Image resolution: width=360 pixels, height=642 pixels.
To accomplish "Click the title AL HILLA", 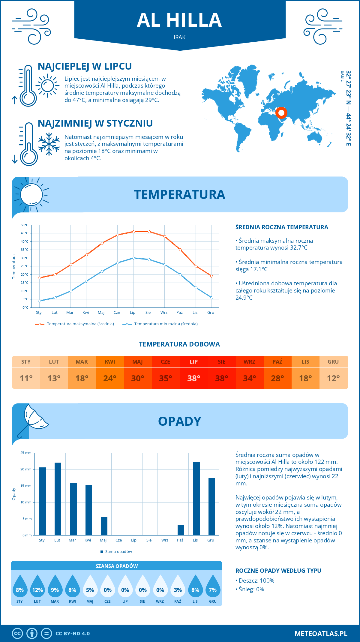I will click(x=179, y=20).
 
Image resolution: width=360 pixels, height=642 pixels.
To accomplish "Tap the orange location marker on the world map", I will click(x=281, y=113).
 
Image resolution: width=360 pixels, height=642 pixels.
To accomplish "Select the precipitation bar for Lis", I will click(x=196, y=499).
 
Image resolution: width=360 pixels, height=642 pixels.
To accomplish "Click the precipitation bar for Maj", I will click(x=104, y=526).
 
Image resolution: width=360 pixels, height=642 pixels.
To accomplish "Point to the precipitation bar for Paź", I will click(x=181, y=530).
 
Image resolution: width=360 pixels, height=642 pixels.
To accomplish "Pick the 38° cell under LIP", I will click(x=193, y=378).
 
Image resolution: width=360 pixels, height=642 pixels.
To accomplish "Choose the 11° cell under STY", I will click(x=26, y=378).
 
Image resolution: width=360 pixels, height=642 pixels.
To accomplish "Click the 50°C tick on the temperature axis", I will click(x=25, y=225).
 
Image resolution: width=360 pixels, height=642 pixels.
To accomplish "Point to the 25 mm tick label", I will click(x=26, y=453).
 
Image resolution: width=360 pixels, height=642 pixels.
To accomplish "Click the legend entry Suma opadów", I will click(x=118, y=551).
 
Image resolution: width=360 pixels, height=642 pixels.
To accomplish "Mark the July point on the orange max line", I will click(x=133, y=232).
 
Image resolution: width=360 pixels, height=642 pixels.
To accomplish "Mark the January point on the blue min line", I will click(x=40, y=301).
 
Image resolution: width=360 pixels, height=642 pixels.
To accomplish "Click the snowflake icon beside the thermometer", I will click(x=49, y=144).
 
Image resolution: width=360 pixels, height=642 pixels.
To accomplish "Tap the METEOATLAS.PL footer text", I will click(x=321, y=633).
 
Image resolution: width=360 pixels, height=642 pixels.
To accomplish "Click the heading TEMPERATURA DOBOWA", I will click(x=179, y=344).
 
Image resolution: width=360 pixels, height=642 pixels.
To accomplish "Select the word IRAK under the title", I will click(x=179, y=37).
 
